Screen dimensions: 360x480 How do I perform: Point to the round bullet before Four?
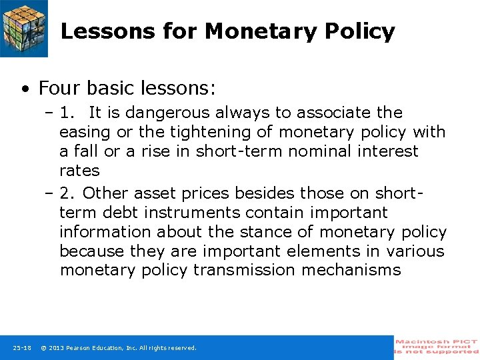coord(25,89)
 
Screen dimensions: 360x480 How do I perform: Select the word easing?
coord(82,132)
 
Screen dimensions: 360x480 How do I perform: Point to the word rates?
coord(79,171)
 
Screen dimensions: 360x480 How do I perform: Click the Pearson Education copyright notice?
coord(119,348)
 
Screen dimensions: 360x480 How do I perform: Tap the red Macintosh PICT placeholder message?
coord(436,347)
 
